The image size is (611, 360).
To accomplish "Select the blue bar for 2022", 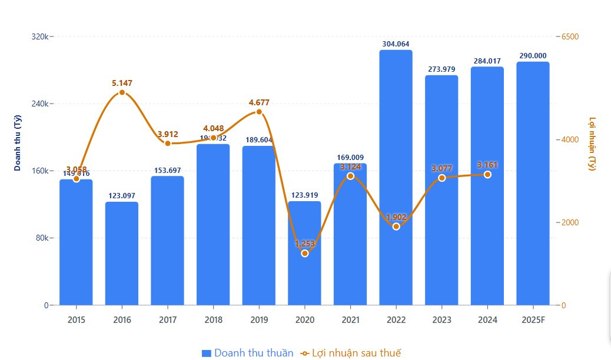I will pyautogui.click(x=396, y=176).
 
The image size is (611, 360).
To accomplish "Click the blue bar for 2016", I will pyautogui.click(x=122, y=253).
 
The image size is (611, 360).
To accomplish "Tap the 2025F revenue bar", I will pyautogui.click(x=533, y=182).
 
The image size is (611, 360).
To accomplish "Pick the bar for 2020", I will pyautogui.click(x=304, y=276).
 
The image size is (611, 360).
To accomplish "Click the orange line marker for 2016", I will pyautogui.click(x=122, y=92).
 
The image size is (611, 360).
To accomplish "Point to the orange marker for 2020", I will pyautogui.click(x=304, y=253).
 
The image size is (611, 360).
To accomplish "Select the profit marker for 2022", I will pyautogui.click(x=396, y=226).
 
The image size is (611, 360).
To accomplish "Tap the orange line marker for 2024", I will pyautogui.click(x=487, y=174).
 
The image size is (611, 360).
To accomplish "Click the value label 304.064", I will pyautogui.click(x=396, y=44).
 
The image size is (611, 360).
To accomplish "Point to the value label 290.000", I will pyautogui.click(x=533, y=56).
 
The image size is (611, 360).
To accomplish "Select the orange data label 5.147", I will pyautogui.click(x=122, y=83).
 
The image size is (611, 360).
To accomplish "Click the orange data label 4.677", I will pyautogui.click(x=259, y=102).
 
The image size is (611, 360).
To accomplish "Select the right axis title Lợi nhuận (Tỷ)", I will pyautogui.click(x=592, y=144).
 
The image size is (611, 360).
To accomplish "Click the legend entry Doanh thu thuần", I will pyautogui.click(x=247, y=353).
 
